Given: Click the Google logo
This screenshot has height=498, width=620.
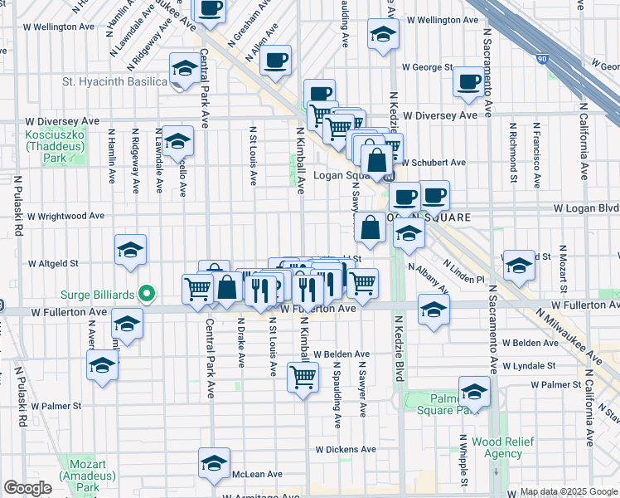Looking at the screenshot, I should [x=27, y=488].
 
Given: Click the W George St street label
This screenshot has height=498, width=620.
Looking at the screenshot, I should [x=427, y=66].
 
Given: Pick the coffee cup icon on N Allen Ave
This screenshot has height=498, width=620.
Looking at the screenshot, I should [x=275, y=60].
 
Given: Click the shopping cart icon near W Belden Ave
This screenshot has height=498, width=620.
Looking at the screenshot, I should [x=303, y=376].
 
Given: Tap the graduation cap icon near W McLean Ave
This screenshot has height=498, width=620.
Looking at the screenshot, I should [x=214, y=463].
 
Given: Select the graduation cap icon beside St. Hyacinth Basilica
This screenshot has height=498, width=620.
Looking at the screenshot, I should [x=184, y=68].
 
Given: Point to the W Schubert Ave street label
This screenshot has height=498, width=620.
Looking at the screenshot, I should [x=434, y=162].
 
